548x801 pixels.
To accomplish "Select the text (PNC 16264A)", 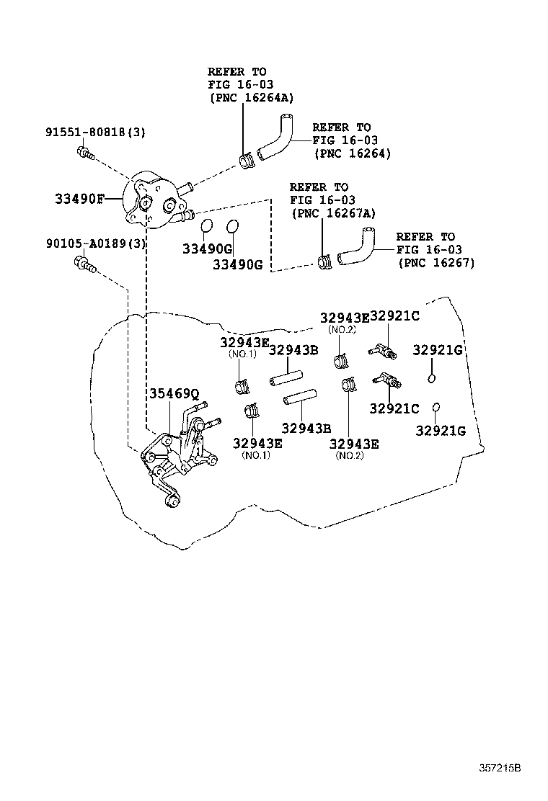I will [x=252, y=98].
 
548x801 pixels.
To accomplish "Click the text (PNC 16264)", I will [x=353, y=153].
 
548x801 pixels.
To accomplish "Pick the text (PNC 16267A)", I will [x=334, y=213].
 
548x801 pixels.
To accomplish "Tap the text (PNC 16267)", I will [x=436, y=263].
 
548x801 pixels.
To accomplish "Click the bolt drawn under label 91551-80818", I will [x=84, y=152].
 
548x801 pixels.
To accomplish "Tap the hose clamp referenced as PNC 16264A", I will [x=246, y=161].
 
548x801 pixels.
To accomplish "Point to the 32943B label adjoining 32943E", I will [x=293, y=351].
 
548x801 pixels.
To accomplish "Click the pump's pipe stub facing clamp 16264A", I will [x=185, y=189].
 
